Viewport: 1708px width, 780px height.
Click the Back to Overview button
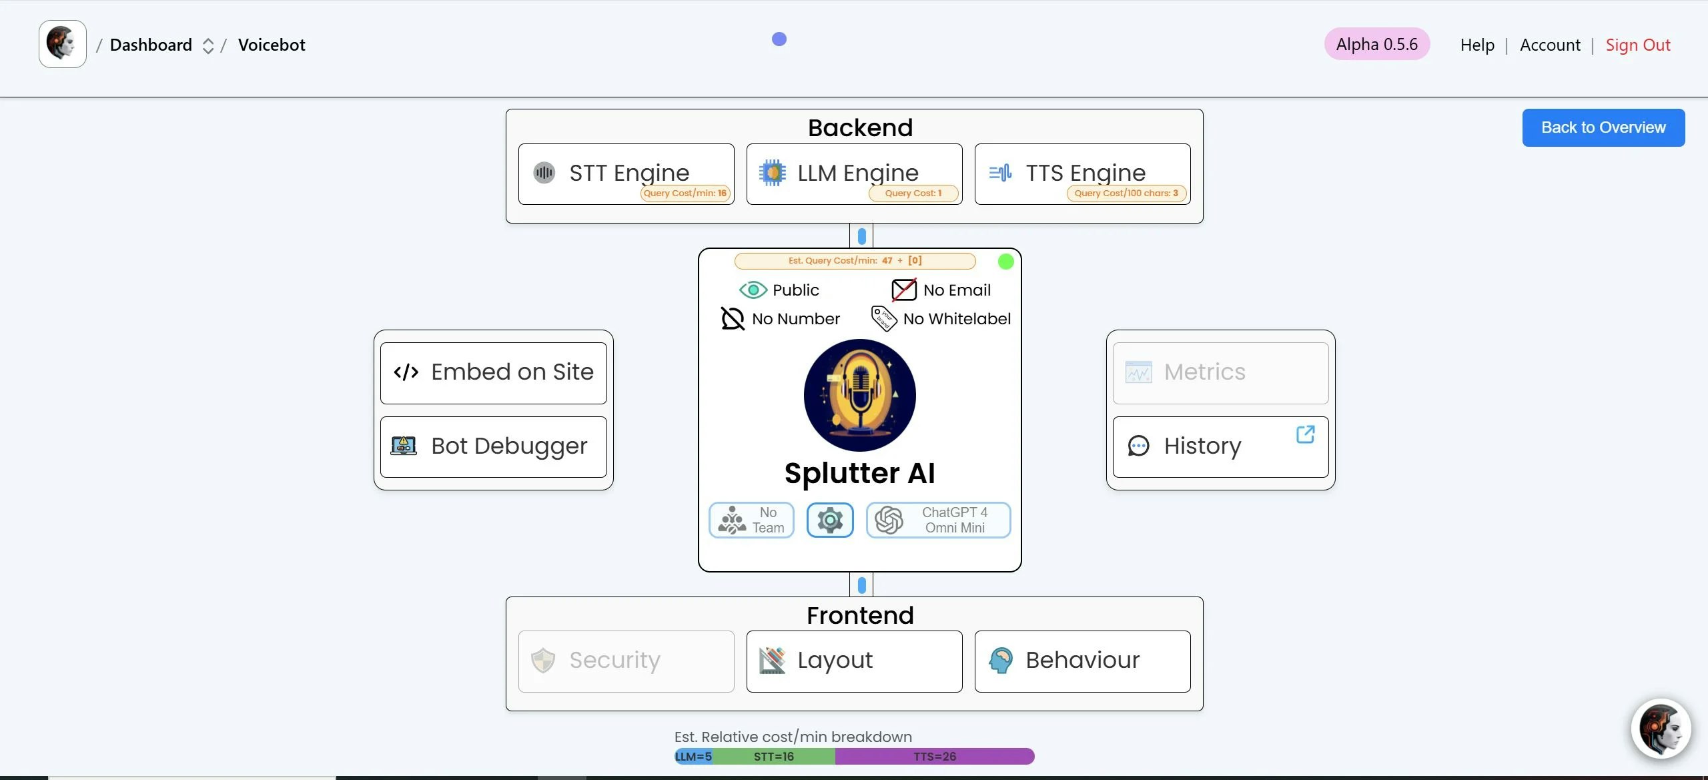[x=1603, y=127]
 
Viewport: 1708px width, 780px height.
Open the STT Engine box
[x=626, y=173]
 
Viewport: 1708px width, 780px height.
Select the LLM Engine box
[x=854, y=173]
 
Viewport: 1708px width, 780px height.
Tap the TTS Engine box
[x=1082, y=173]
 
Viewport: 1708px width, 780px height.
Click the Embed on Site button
[x=493, y=372]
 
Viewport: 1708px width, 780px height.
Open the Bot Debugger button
[x=493, y=446]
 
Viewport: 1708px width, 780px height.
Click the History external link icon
[x=1305, y=435]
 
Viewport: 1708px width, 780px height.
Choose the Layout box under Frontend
[x=854, y=661]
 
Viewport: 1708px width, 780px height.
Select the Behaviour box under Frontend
[x=1082, y=661]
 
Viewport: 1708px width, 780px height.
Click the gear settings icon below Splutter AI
[x=830, y=520]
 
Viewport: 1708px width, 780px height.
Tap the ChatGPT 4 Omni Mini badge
[x=938, y=520]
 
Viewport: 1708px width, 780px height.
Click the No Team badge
[x=751, y=520]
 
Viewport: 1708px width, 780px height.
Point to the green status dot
[x=1005, y=262]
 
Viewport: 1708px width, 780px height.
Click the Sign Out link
[x=1637, y=45]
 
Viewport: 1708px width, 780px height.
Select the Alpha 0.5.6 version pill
[x=1376, y=44]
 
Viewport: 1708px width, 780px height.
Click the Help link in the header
[x=1477, y=45]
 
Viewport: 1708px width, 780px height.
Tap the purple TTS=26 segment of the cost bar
[x=934, y=756]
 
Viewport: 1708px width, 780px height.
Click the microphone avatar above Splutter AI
[x=859, y=395]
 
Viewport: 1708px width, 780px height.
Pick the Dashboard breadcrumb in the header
[x=151, y=45]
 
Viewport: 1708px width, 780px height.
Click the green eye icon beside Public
[x=753, y=290]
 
